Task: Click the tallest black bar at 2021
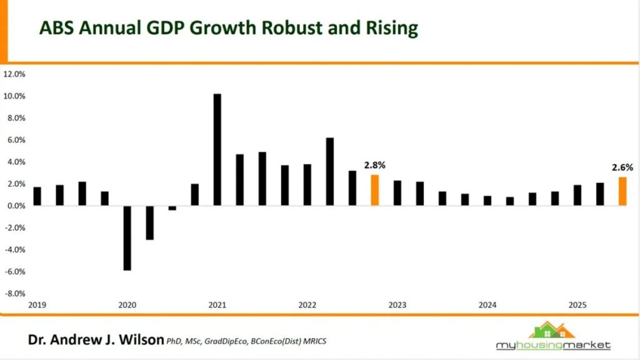217,149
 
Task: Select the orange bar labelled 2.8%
375,190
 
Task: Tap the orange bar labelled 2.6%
622,191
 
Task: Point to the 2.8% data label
375,166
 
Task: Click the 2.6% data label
622,167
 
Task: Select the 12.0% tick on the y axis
14,74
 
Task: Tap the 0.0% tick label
16,206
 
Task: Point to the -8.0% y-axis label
14,293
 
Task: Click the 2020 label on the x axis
127,306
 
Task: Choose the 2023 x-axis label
397,306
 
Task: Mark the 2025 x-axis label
577,306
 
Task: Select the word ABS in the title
55,29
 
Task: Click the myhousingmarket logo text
553,345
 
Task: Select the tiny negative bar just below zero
172,208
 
